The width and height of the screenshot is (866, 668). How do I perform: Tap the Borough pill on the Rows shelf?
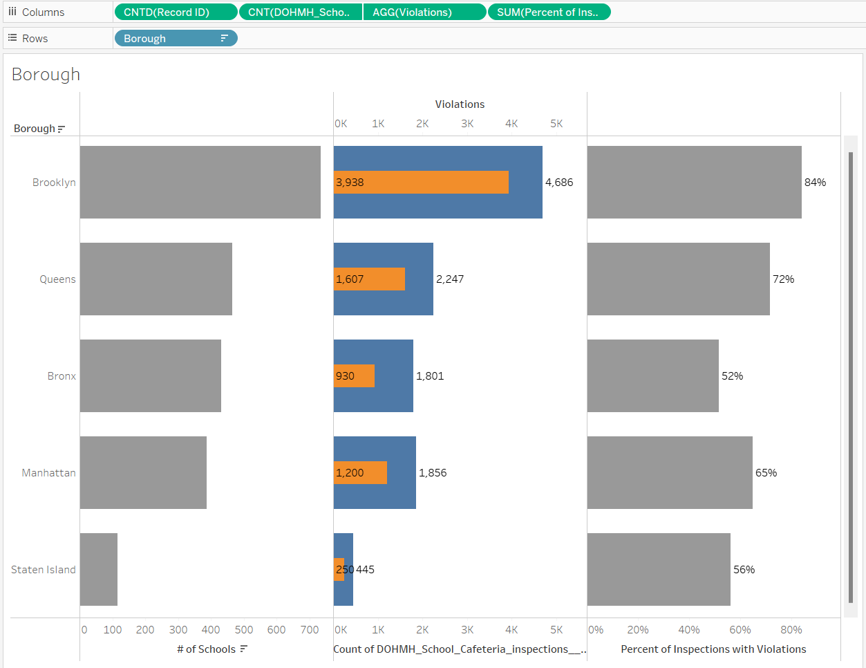(x=176, y=39)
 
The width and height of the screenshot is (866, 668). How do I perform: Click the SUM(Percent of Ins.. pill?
(x=549, y=12)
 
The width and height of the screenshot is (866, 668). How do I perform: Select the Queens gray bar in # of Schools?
(x=156, y=279)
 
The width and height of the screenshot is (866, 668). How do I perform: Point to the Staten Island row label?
(x=44, y=570)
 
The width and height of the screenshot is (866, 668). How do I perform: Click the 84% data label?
(x=815, y=183)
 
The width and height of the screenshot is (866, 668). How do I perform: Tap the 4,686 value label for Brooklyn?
(x=559, y=183)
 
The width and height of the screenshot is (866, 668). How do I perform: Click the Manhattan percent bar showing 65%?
(x=670, y=473)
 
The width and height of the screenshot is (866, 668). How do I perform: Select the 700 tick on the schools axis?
(x=310, y=630)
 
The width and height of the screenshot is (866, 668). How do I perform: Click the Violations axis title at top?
(x=460, y=104)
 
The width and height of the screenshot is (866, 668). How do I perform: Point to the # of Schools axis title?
(x=206, y=649)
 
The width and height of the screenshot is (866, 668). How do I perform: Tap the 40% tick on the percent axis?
(x=688, y=630)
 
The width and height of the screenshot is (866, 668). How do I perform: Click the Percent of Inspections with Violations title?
(x=713, y=649)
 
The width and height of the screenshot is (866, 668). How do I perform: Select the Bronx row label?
(x=62, y=376)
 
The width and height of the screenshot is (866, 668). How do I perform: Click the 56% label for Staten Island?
(x=744, y=570)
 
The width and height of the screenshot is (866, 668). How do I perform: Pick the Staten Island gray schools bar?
(x=99, y=570)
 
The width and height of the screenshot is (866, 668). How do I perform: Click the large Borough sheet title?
(x=46, y=75)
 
